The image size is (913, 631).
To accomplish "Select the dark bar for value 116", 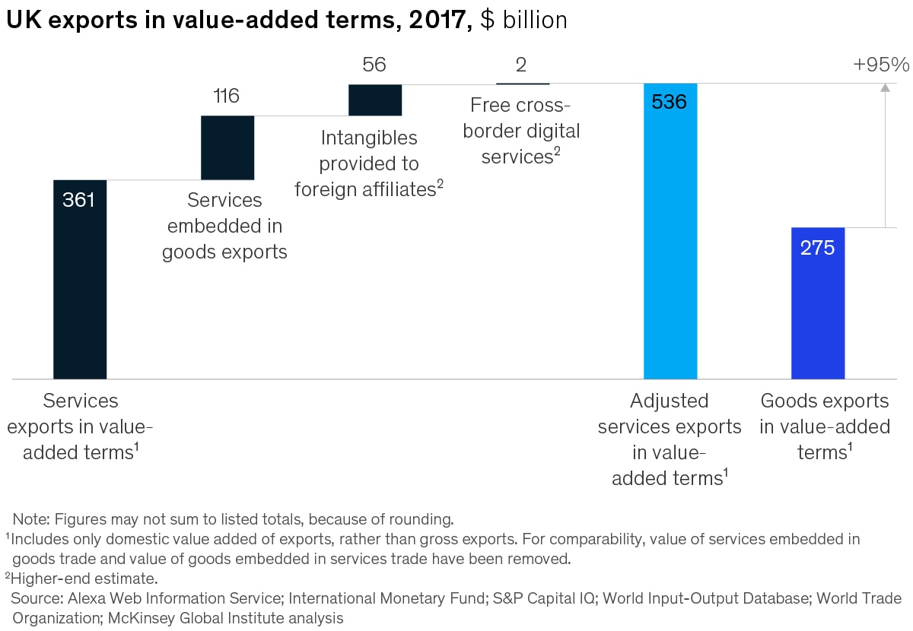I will (x=227, y=147).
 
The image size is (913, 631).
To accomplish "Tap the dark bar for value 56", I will (x=375, y=100).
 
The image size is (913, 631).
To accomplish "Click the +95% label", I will (x=881, y=65).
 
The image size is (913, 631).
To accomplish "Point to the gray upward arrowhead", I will (x=885, y=88).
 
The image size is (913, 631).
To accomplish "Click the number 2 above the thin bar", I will (x=521, y=65).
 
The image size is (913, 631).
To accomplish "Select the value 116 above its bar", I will (x=227, y=97).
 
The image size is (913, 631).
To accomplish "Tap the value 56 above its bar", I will (x=374, y=65).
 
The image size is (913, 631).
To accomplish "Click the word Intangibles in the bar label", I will (x=369, y=138).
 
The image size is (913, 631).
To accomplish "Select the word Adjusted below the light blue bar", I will (x=670, y=401).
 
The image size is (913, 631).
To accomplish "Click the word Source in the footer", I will (x=36, y=598).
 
